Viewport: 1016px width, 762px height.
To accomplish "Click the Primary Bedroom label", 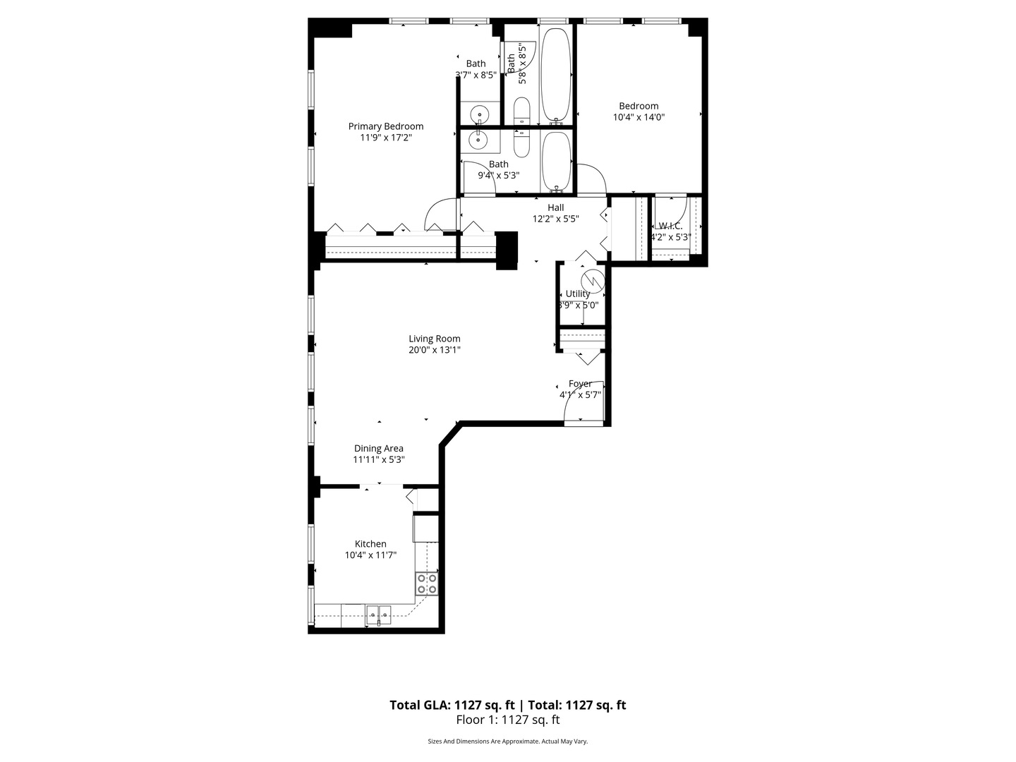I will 386,126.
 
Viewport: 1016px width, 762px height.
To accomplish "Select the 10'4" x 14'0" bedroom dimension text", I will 639,118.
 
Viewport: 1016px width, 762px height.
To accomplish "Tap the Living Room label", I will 435,339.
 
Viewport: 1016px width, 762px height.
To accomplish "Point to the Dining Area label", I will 379,448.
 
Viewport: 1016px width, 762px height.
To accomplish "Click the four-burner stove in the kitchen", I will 427,583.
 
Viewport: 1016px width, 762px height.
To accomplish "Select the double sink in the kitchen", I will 379,615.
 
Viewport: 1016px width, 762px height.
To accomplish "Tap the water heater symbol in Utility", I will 597,281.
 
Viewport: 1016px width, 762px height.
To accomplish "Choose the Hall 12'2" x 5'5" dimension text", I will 556,219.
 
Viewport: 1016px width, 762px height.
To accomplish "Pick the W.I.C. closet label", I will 670,226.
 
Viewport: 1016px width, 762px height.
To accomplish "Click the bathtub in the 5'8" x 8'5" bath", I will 555,75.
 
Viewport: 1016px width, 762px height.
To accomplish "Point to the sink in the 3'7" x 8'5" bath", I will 480,113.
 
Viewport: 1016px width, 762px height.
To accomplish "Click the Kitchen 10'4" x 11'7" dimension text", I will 370,555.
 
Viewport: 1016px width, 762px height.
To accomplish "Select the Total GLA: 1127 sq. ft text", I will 452,705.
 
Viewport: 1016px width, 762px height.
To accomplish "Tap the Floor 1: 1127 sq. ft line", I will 508,720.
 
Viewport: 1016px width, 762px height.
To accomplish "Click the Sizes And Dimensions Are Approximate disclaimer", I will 508,742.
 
